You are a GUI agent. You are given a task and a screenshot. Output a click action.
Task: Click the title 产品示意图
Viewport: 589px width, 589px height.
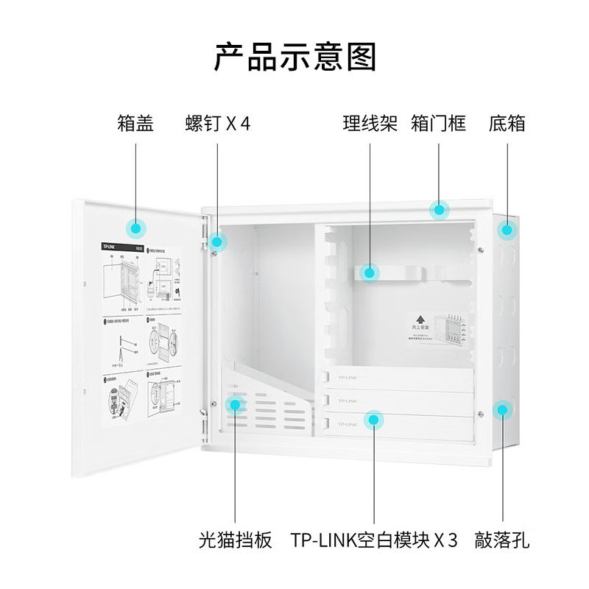coord(294,57)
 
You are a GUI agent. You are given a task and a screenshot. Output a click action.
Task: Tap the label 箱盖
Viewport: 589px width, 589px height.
coord(135,123)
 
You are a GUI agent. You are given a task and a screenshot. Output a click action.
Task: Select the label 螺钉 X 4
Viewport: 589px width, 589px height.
coord(218,123)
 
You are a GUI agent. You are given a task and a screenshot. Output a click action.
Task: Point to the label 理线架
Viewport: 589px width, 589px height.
coord(370,123)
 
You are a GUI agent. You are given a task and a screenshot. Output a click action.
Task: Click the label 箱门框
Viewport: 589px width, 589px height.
coord(439,123)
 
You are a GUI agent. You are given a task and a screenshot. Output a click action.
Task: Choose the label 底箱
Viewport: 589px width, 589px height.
coord(507,123)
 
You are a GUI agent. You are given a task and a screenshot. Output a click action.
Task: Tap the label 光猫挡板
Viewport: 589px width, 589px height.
coord(236,540)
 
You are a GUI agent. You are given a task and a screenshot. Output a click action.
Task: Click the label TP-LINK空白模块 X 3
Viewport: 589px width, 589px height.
coord(374,540)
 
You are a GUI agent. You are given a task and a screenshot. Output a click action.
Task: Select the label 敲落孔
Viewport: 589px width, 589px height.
coord(502,540)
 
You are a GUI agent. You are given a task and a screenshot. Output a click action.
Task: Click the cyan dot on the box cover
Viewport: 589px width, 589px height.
coord(136,228)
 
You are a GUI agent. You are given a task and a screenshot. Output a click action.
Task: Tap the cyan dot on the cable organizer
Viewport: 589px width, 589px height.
coord(370,272)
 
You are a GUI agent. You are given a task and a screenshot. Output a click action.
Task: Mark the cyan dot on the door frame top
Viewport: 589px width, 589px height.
coord(440,211)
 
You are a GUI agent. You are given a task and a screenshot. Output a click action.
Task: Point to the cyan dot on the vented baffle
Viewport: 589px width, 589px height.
coord(236,403)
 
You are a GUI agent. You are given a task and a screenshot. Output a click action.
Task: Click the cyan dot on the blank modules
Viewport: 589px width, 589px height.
coord(374,420)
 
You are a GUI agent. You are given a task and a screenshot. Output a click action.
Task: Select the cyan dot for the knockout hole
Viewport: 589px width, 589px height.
coord(502,409)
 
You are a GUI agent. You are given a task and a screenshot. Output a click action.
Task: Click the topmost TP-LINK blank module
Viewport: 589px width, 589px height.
coord(398,378)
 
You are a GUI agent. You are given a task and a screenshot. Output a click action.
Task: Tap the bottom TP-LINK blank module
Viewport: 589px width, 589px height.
coord(398,425)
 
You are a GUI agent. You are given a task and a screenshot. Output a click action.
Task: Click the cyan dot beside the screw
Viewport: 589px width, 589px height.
coord(218,241)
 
